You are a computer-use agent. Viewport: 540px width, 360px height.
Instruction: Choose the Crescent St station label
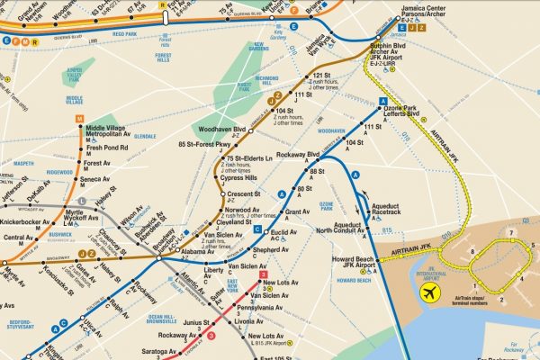(x=244, y=193)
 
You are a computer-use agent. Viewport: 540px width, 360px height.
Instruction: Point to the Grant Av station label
(x=298, y=212)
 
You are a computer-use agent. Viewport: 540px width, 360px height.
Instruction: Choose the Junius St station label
(x=196, y=322)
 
